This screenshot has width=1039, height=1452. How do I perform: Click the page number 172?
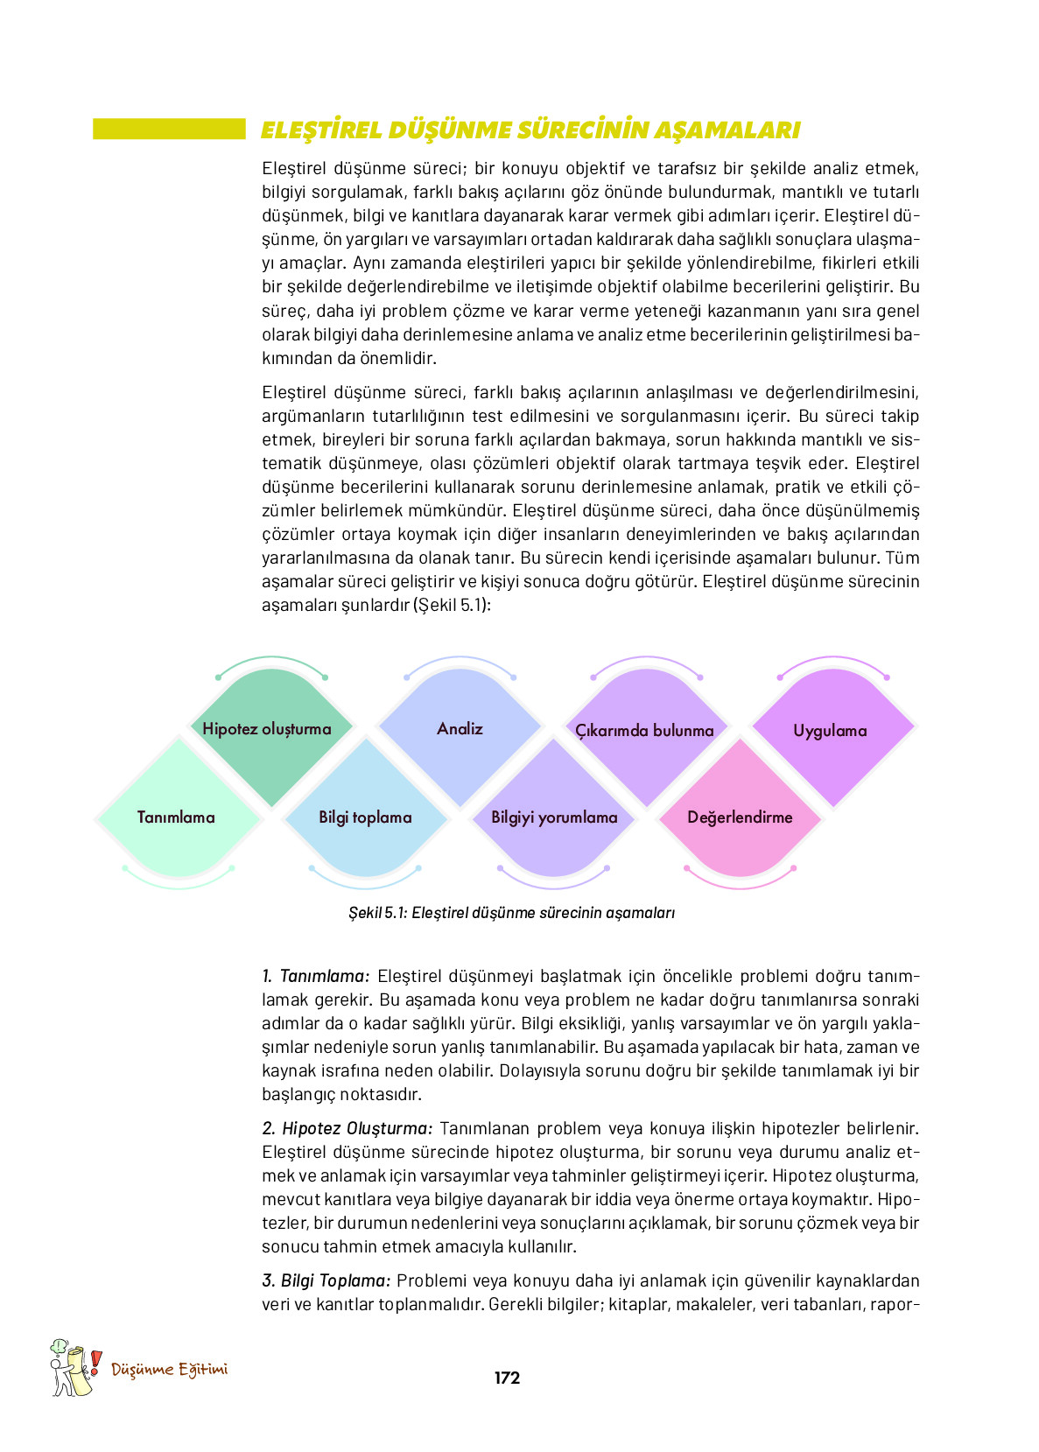point(507,1378)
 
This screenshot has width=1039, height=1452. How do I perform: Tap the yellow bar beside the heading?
point(169,130)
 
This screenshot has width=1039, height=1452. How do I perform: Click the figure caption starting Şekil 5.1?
point(511,913)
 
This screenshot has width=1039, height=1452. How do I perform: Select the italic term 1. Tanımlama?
point(316,976)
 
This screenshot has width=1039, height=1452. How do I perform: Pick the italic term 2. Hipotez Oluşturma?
point(348,1128)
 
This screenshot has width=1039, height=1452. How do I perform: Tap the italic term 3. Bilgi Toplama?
point(326,1280)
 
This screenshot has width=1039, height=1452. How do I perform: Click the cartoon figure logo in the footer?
point(70,1369)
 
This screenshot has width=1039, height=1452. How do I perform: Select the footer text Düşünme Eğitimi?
point(169,1370)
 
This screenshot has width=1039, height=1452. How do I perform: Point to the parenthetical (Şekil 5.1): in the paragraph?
point(452,605)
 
